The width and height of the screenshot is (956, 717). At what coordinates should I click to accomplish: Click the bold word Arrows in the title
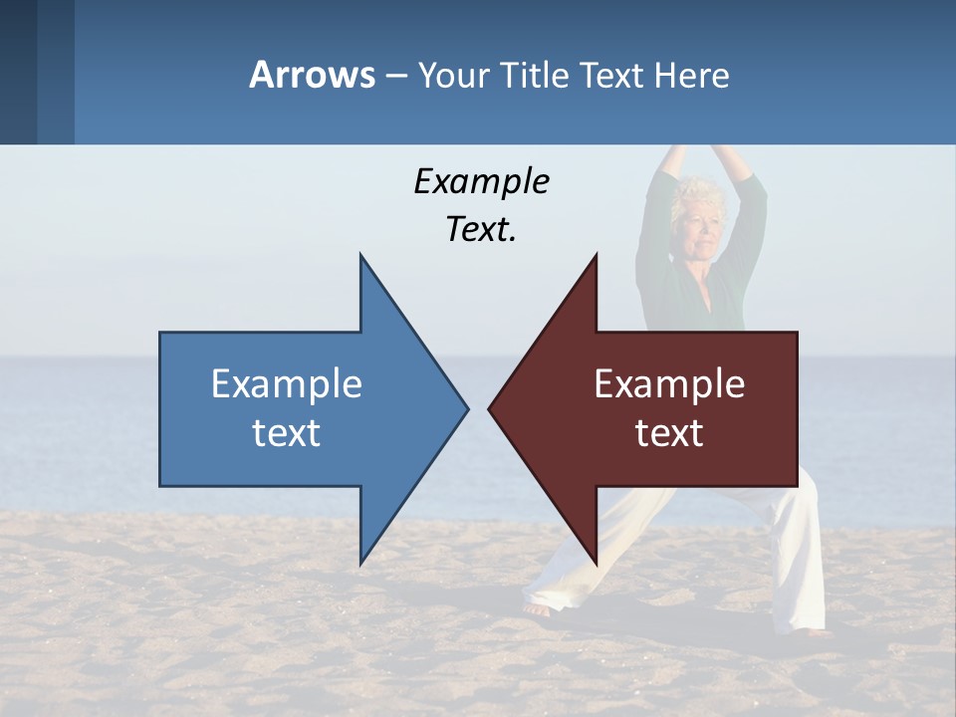point(313,76)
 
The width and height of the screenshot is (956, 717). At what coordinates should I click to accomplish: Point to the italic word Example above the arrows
point(481,181)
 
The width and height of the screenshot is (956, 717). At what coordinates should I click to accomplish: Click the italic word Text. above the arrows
point(481,230)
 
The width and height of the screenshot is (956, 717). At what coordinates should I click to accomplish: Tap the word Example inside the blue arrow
point(287,384)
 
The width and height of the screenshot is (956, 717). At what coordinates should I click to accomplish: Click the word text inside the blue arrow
point(287,433)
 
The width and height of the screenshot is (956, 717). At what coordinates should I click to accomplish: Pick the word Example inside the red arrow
point(669,384)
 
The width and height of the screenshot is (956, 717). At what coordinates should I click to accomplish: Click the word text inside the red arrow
point(669,433)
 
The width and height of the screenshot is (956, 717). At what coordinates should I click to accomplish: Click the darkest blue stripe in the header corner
point(18,72)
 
